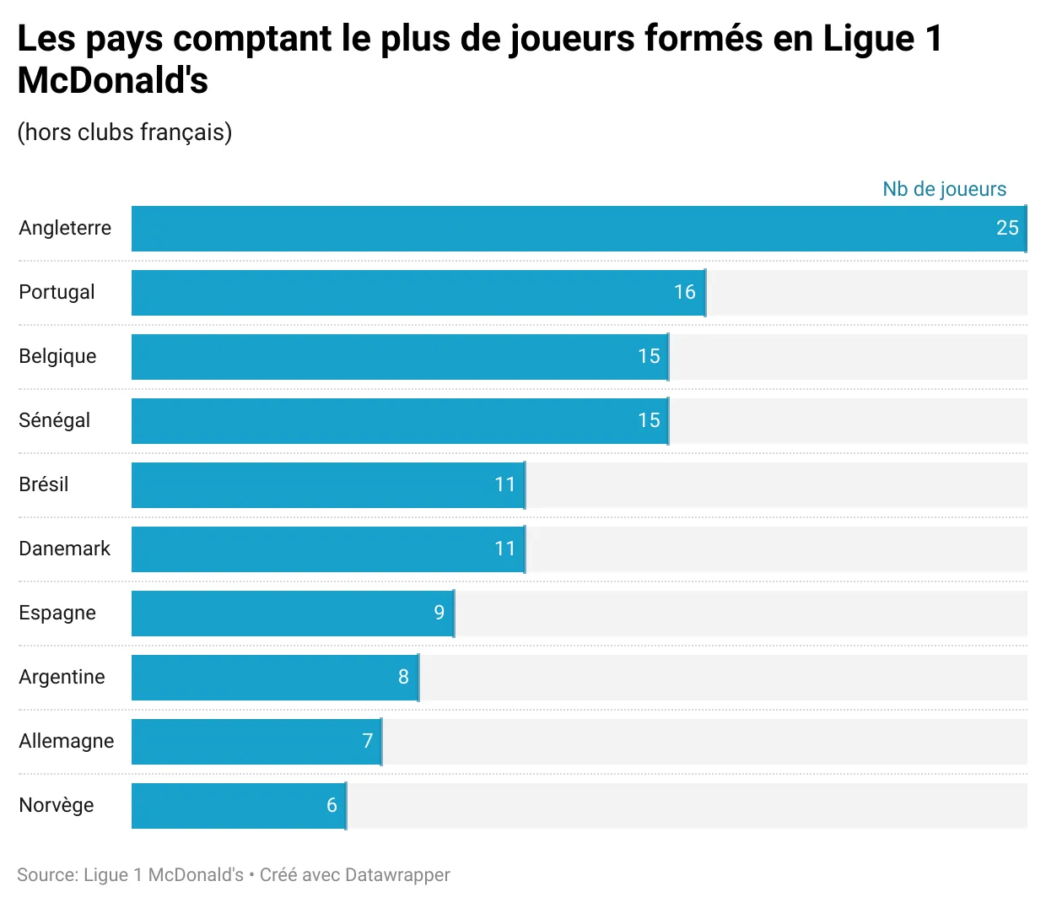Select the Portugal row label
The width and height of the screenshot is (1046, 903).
click(57, 292)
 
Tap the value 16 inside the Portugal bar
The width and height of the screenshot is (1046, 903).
click(684, 292)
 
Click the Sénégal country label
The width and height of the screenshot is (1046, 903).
click(54, 420)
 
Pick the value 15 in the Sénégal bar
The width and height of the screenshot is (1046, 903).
click(649, 420)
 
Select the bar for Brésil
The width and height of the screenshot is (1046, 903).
click(328, 485)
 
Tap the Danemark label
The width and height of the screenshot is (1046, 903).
click(64, 549)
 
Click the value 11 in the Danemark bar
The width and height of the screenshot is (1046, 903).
click(504, 549)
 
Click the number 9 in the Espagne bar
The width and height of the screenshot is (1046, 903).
click(439, 613)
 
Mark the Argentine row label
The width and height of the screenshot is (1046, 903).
click(62, 677)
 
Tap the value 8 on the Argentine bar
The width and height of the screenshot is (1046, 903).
click(403, 677)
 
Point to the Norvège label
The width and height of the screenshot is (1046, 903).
click(56, 805)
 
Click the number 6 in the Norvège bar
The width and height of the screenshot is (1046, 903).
click(332, 805)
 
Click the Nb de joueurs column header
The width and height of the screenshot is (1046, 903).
click(944, 189)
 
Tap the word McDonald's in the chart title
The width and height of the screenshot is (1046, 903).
click(113, 81)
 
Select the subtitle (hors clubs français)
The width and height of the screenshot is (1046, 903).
click(124, 132)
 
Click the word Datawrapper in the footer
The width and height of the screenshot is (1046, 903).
click(397, 875)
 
